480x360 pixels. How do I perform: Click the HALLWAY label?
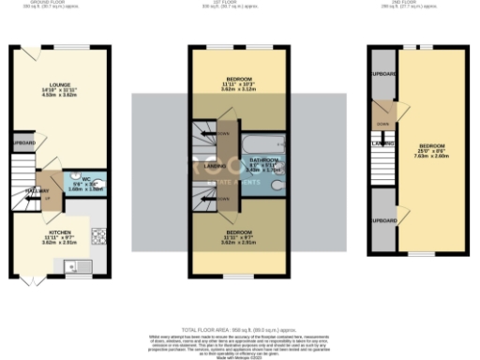coord(24,191)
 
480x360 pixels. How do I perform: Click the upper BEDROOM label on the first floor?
coord(238,81)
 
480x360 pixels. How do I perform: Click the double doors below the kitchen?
coord(31,280)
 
